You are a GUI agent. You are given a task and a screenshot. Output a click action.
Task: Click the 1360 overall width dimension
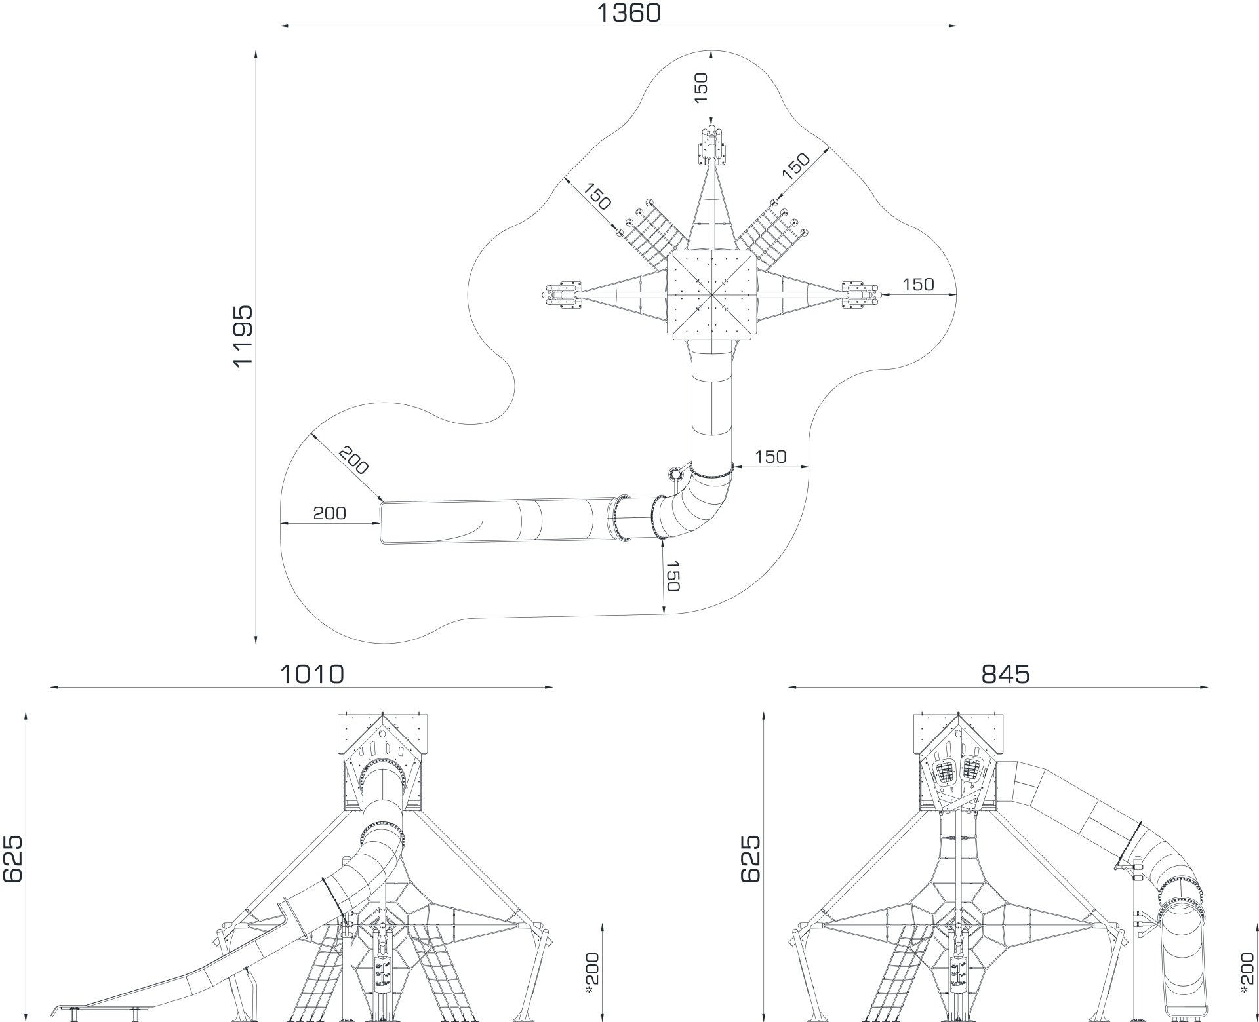click(x=628, y=12)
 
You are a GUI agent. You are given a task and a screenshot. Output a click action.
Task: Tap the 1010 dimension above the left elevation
click(x=311, y=674)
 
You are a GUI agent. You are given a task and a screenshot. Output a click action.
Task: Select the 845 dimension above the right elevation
click(x=1005, y=674)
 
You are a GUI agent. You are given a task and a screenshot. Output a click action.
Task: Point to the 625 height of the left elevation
click(x=12, y=858)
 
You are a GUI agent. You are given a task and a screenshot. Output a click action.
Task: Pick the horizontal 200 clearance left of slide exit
click(x=329, y=513)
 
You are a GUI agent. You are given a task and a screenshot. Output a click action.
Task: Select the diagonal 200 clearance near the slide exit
click(x=354, y=460)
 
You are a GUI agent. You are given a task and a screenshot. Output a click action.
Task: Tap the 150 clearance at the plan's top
click(x=700, y=88)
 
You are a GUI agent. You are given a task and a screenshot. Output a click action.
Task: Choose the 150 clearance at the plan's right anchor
click(x=918, y=285)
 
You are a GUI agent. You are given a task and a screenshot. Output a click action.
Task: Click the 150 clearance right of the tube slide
click(x=770, y=456)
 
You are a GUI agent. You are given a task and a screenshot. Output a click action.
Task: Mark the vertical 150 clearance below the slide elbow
click(x=673, y=576)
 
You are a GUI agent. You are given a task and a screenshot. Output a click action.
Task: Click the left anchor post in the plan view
click(x=563, y=294)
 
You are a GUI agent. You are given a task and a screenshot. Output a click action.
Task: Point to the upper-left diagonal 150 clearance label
click(x=597, y=199)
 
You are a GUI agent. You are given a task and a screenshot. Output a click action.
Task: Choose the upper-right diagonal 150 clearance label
click(x=796, y=167)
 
